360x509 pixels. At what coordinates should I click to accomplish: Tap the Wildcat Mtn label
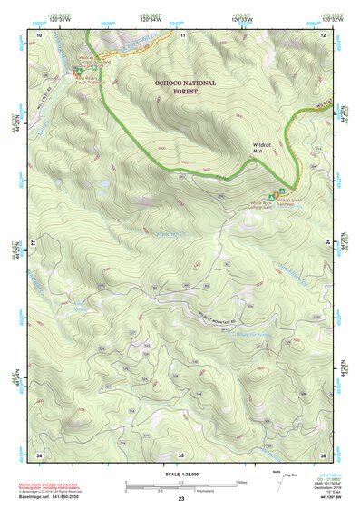(x=263, y=150)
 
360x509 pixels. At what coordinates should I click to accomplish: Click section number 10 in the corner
(x=40, y=34)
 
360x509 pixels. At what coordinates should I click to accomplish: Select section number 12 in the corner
(x=323, y=34)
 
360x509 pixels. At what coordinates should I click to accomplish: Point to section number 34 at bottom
(x=39, y=454)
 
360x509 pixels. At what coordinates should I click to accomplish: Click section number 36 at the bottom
(x=323, y=454)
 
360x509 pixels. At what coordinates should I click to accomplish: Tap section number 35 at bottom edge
(x=180, y=454)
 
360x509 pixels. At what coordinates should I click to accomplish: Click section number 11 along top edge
(x=182, y=34)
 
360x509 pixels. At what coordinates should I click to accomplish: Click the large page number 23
(x=180, y=500)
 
